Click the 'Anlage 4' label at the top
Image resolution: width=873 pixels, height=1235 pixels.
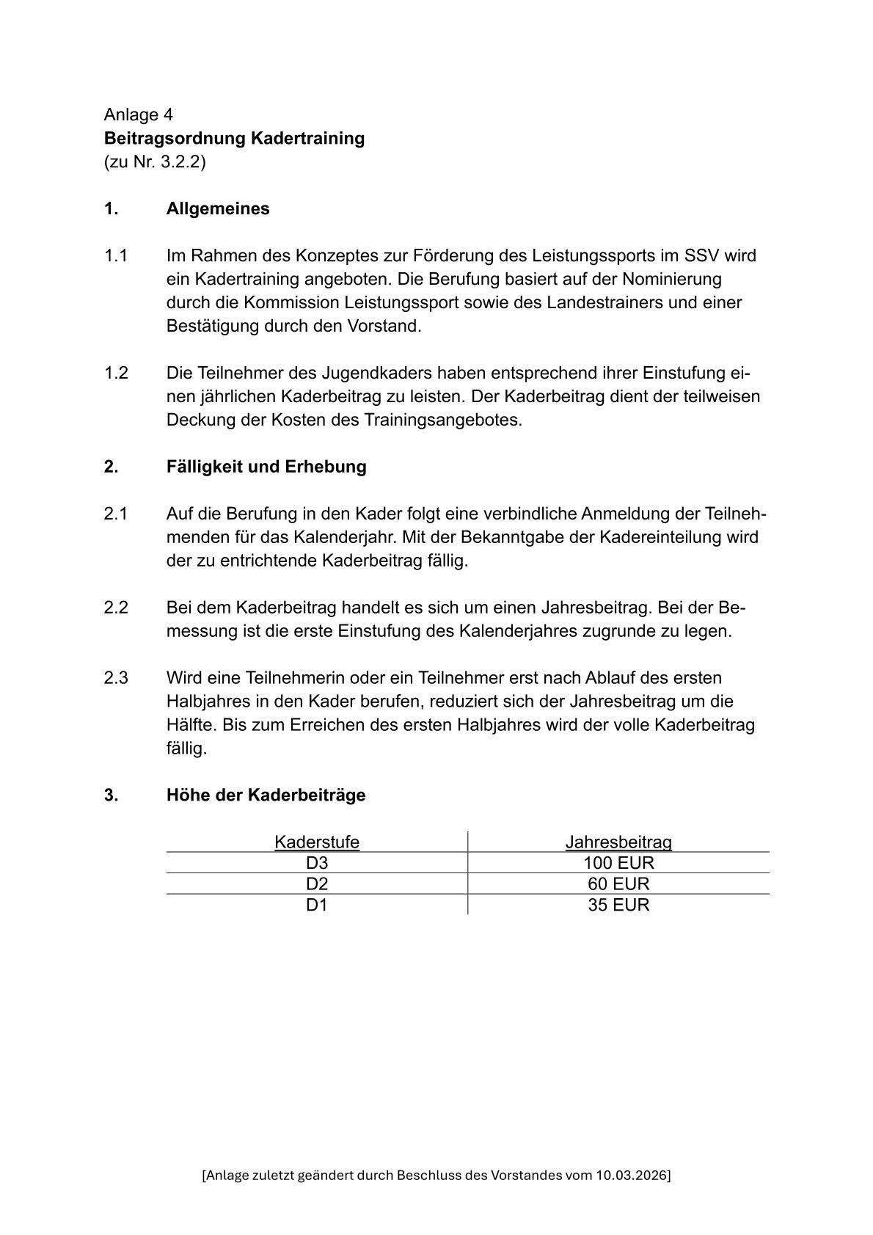[139, 115]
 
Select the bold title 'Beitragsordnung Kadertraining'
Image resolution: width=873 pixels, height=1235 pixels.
[234, 139]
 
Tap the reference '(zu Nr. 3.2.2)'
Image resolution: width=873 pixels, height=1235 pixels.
[155, 162]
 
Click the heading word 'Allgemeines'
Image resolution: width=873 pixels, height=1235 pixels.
[218, 209]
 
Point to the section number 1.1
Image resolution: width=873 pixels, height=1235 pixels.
[116, 256]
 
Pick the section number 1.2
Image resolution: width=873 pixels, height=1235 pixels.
[116, 373]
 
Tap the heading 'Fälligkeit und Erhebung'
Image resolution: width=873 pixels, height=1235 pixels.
[266, 467]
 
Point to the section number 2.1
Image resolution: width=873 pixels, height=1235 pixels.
[116, 514]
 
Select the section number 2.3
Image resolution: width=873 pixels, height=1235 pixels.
[116, 678]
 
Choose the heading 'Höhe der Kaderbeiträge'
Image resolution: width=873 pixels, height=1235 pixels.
[266, 795]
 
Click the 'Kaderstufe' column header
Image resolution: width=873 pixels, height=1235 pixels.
[317, 842]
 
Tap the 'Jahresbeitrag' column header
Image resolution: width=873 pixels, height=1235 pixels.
[618, 842]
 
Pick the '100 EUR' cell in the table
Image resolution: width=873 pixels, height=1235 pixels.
[618, 863]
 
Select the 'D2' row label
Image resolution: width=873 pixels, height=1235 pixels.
[317, 884]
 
